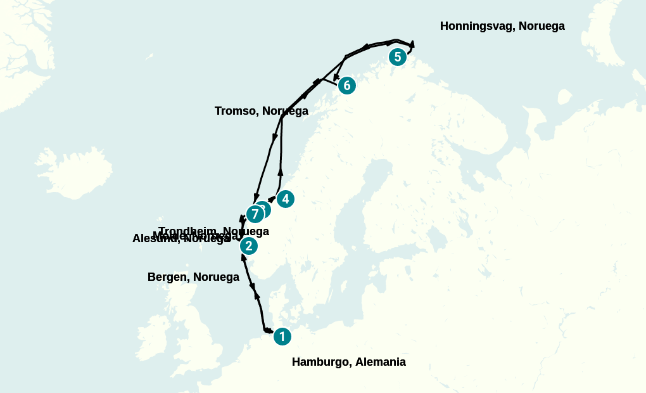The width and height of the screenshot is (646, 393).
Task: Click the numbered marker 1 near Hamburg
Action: (x=282, y=337)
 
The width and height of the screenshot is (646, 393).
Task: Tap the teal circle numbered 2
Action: (x=249, y=246)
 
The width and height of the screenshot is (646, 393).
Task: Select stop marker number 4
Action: (x=286, y=199)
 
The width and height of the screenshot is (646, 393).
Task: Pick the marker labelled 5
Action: (x=398, y=57)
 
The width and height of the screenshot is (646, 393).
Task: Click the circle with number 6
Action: (x=346, y=86)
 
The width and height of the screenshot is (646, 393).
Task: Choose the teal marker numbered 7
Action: (x=255, y=214)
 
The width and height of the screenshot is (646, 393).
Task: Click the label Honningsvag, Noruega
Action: (x=502, y=26)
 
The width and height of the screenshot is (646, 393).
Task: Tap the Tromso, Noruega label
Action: (x=261, y=111)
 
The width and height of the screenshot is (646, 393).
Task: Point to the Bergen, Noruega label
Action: (x=193, y=277)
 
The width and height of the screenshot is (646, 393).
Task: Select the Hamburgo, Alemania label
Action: (x=348, y=362)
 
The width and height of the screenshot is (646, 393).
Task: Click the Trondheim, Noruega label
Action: (x=213, y=231)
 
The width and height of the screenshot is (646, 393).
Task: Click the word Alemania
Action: (x=380, y=362)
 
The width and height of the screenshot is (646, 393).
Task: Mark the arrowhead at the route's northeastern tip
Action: (x=412, y=44)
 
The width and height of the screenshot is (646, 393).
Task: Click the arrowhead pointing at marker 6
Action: (x=336, y=77)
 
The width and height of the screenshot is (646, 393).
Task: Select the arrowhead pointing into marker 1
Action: (x=269, y=330)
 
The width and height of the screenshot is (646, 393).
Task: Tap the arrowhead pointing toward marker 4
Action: (x=272, y=199)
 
